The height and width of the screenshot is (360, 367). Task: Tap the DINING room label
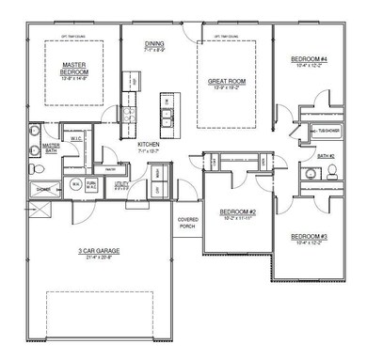point(154,44)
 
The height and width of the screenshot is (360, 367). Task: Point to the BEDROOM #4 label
point(309,60)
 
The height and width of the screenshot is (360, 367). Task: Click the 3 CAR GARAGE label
point(96,251)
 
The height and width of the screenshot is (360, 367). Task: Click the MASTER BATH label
point(51,149)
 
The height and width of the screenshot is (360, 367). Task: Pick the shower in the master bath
point(43,189)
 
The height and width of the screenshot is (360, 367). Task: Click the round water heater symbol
point(75,185)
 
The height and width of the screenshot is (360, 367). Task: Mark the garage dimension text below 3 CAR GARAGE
point(96,258)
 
